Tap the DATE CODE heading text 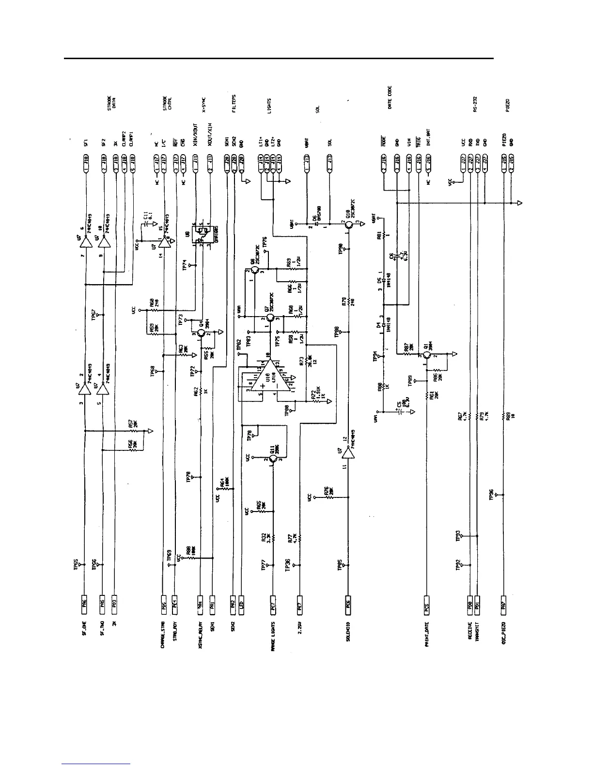[390, 97]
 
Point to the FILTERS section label [234, 104]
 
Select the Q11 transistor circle [273, 460]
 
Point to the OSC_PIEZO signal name [504, 633]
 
